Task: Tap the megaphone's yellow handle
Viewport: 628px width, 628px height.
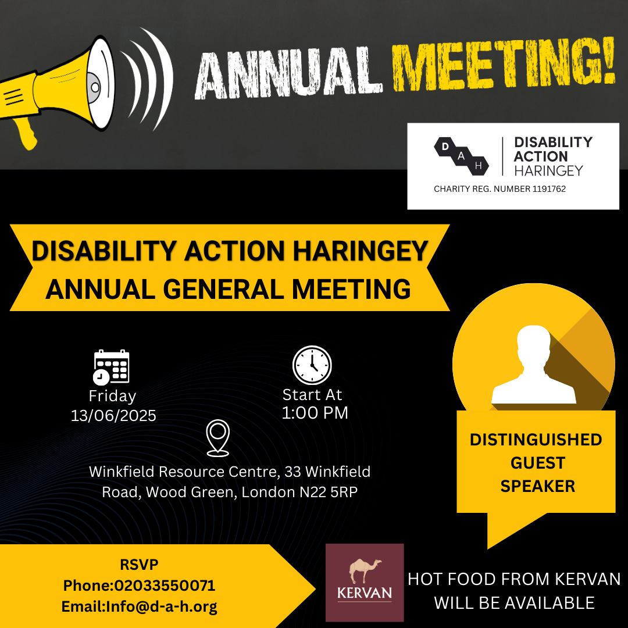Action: [x=25, y=132]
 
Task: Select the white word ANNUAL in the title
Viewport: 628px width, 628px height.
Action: [x=288, y=73]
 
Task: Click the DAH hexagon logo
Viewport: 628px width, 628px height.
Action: [x=461, y=156]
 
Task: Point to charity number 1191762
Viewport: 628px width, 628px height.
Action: [x=549, y=189]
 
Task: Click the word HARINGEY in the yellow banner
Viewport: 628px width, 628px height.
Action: [x=361, y=251]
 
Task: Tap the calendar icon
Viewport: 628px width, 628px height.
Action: [x=111, y=367]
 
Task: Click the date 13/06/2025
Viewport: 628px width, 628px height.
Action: [x=113, y=416]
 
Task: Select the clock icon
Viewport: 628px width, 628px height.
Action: [x=312, y=365]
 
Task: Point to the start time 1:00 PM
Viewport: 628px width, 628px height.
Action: [x=315, y=413]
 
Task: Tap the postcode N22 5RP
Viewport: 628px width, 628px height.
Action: [x=329, y=492]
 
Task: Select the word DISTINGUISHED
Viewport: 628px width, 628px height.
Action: [x=536, y=440]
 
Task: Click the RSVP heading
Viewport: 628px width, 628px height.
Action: [x=139, y=564]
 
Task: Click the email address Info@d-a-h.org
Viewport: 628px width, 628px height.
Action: [x=162, y=606]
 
